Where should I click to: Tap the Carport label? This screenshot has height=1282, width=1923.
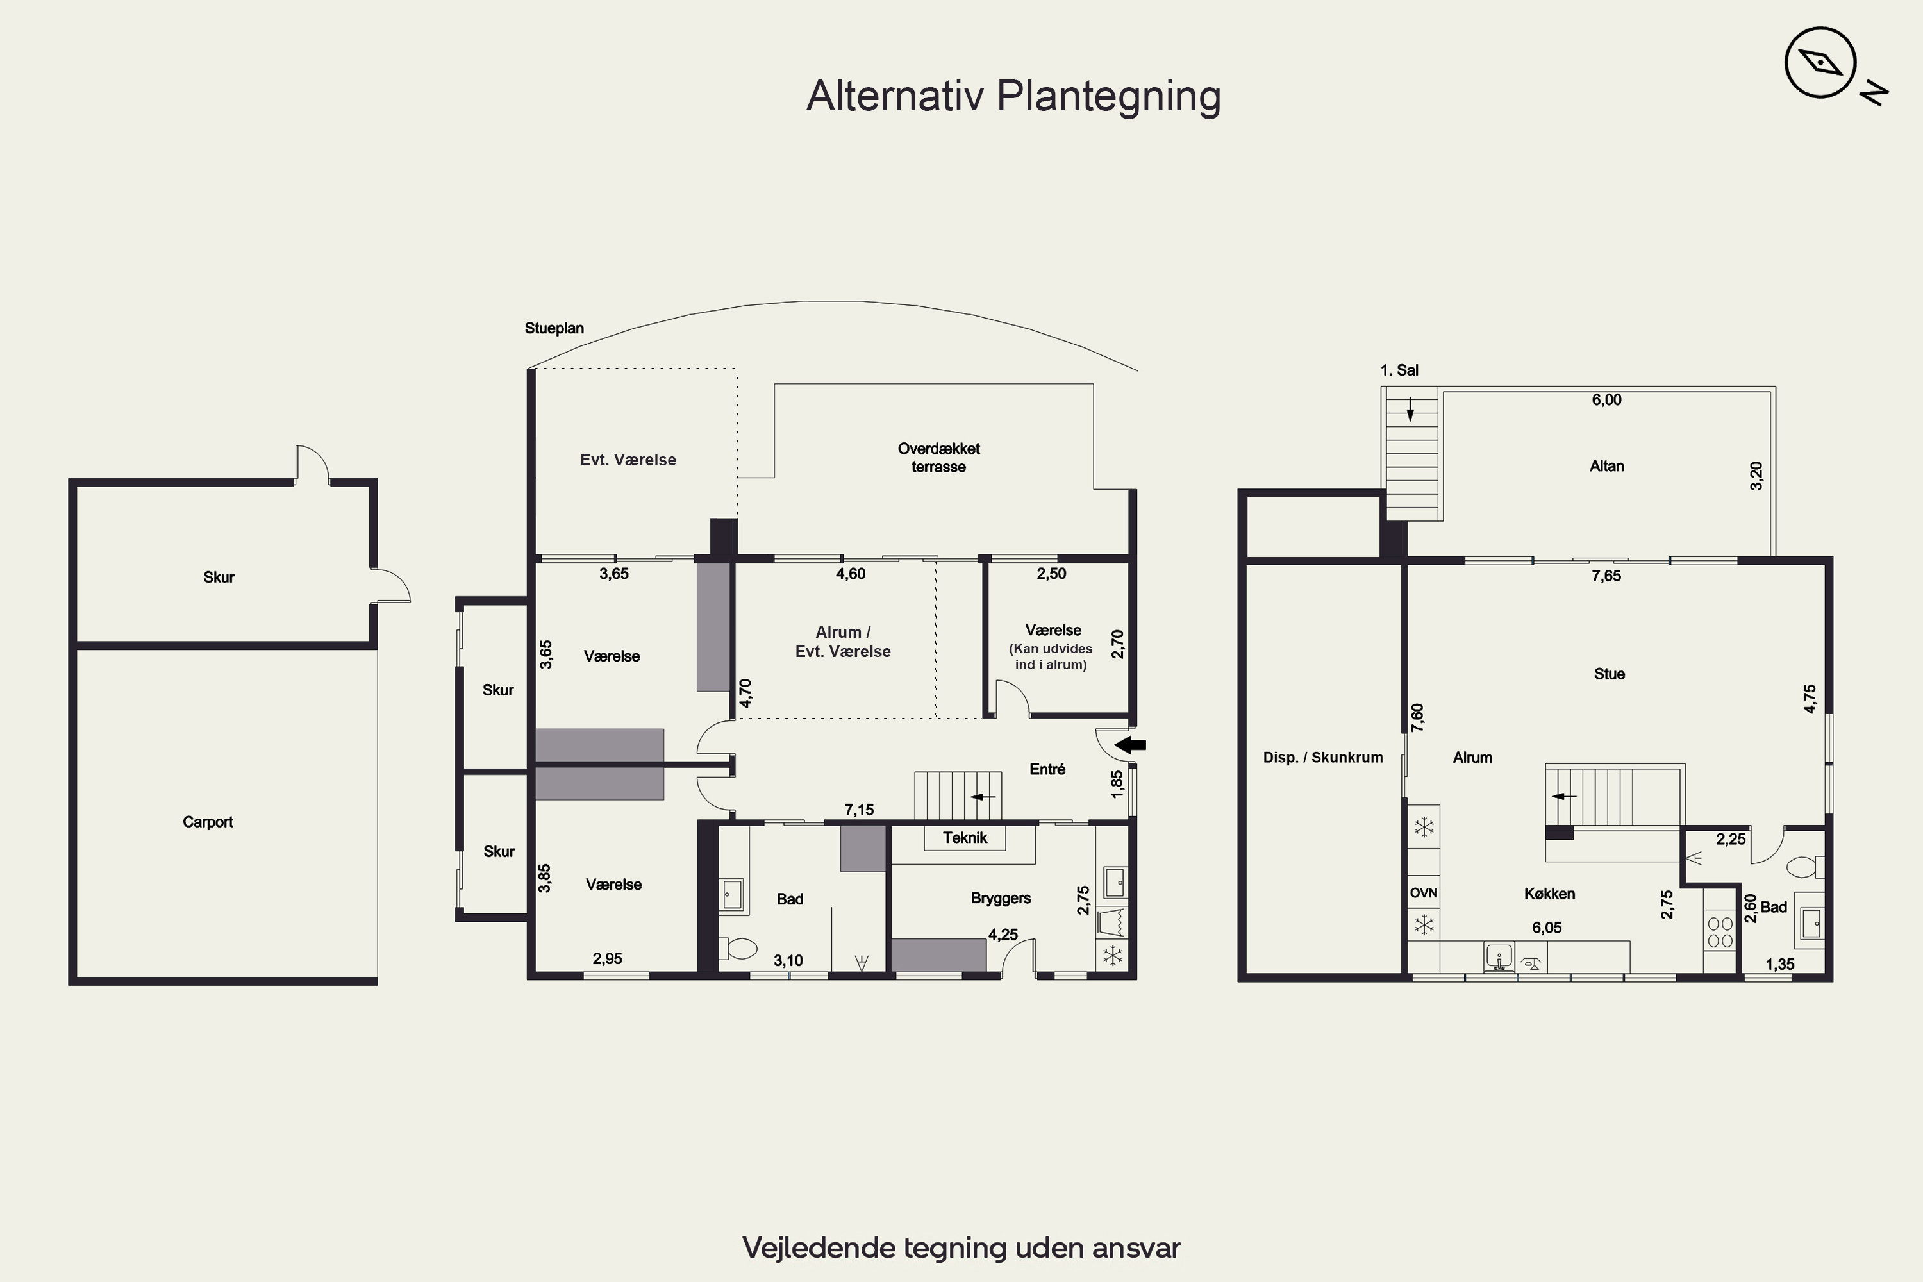point(208,822)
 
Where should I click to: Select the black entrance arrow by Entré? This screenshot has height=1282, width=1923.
point(1131,745)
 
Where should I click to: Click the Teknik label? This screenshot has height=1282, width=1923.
point(965,837)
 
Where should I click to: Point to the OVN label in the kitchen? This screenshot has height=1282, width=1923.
point(1424,893)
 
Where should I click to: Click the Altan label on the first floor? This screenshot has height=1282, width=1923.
point(1606,466)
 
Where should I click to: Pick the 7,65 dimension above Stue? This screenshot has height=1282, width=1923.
point(1606,576)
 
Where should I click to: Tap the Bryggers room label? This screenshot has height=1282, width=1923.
point(1001,899)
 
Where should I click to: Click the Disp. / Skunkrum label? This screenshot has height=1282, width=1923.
point(1323,757)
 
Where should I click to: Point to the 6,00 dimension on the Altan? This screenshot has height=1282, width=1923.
point(1606,400)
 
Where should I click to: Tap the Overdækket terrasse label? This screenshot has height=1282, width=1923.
point(938,458)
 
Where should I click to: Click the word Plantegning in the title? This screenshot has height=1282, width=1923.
point(1109,97)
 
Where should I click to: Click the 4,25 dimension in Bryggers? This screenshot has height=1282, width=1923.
point(1003,935)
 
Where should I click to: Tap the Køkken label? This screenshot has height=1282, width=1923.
point(1549,894)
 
